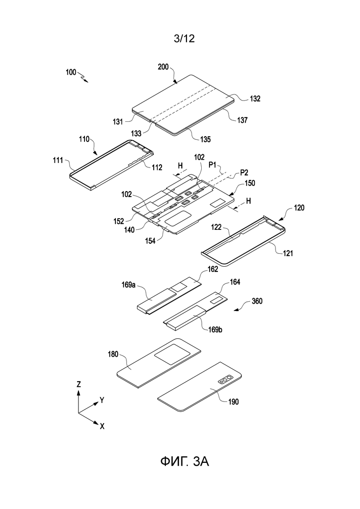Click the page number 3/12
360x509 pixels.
[x=184, y=39]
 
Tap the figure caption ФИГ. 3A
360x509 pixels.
[x=184, y=461]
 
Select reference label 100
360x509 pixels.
[x=71, y=72]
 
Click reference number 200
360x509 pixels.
[x=163, y=67]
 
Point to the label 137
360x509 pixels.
[x=242, y=120]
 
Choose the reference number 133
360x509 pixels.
[x=136, y=133]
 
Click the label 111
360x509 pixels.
[x=58, y=160]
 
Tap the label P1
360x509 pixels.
[x=213, y=165]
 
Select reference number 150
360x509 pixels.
[x=250, y=183]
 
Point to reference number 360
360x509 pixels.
[x=257, y=301]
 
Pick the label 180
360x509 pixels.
[x=113, y=354]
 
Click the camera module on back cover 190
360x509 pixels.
[x=225, y=380]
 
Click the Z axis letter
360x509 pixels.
[x=78, y=384]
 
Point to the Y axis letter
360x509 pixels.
[x=102, y=400]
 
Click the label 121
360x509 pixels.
[x=288, y=253]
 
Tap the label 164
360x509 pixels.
[x=235, y=282]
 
